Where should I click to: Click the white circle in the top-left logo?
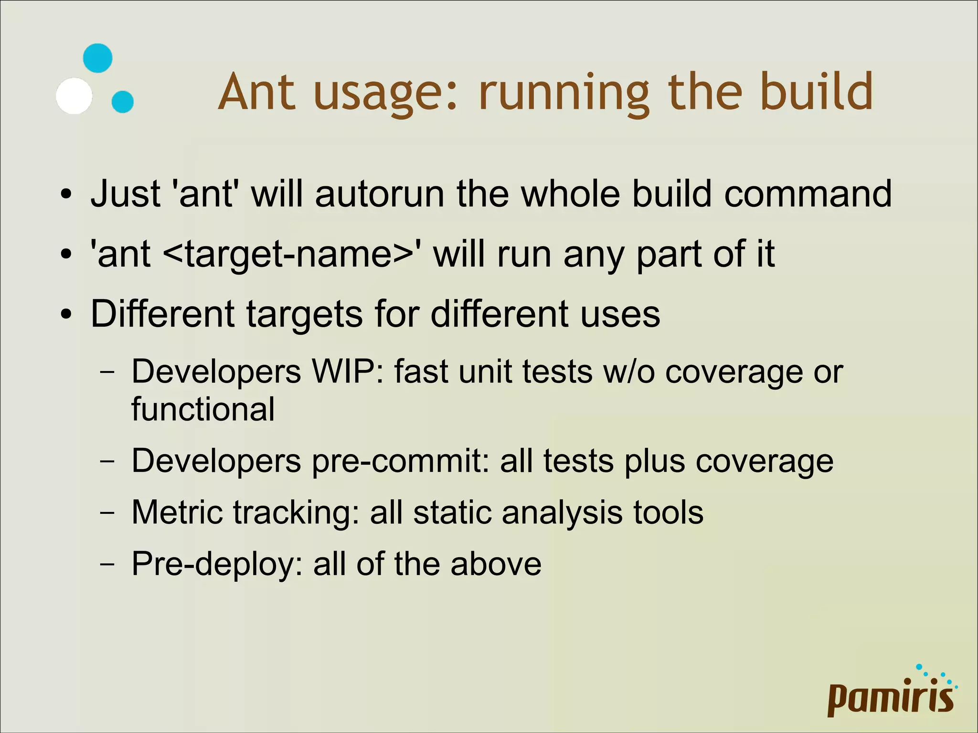(x=74, y=96)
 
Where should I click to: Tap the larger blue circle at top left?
(x=98, y=58)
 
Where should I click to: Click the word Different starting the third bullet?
(x=162, y=314)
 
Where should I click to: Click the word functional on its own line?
(x=203, y=409)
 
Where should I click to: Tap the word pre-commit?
(x=401, y=461)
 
